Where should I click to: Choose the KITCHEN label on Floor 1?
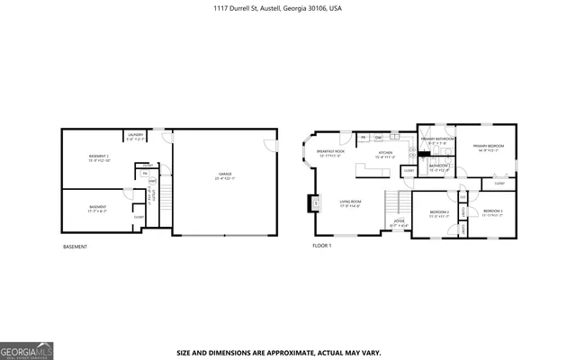pyautogui.click(x=385, y=154)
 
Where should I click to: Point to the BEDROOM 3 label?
pyautogui.click(x=491, y=212)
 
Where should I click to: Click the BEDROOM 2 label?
pyautogui.click(x=439, y=214)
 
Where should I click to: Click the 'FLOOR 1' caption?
pyautogui.click(x=322, y=246)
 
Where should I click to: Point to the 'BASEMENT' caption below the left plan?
pyautogui.click(x=76, y=246)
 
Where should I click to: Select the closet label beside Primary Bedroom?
pyautogui.click(x=499, y=184)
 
